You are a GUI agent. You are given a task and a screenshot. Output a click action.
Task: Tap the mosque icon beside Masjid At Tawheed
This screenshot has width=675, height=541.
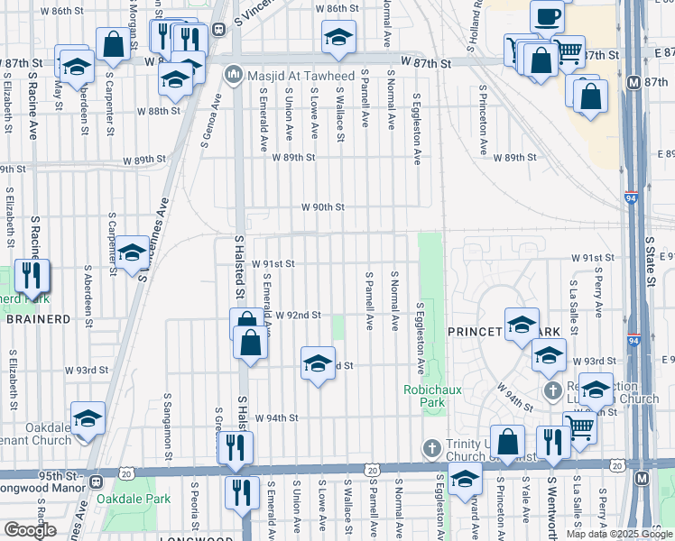233,72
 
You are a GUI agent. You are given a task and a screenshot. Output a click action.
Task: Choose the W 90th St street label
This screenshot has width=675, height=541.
323,207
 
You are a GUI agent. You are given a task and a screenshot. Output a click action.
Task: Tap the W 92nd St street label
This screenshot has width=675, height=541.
299,315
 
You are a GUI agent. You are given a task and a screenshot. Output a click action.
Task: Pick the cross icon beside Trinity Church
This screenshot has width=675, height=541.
431,449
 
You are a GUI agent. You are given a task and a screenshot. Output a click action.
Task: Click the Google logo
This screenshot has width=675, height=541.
30,530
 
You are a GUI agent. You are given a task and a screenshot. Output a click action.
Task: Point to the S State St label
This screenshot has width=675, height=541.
650,261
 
